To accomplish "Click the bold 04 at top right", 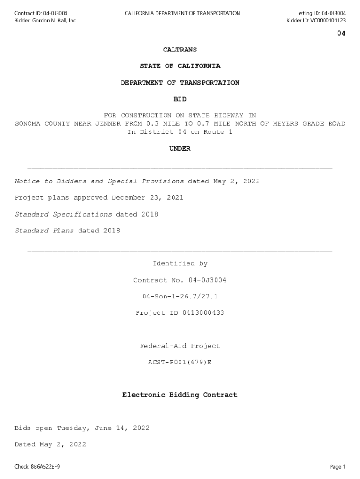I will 341,34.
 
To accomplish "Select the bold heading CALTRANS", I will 180,50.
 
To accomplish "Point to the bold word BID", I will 180,99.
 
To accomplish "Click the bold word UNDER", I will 180,149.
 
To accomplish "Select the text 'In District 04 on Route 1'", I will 180,132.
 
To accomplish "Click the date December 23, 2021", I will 147,198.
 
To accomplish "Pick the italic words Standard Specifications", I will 63,214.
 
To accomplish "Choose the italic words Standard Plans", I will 44,231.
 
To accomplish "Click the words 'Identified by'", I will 180,264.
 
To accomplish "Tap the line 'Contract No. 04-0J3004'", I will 180,280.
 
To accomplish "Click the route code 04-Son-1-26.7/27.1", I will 180,297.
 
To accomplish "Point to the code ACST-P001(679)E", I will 180,363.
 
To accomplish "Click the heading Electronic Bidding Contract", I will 180,395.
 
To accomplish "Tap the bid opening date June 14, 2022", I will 122,428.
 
